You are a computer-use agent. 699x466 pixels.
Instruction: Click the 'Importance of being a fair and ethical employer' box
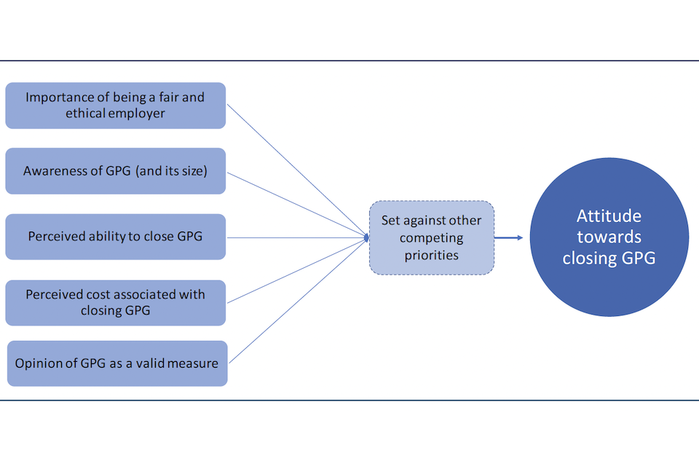(115, 106)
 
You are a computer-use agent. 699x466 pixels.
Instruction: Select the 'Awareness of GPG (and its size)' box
(115, 171)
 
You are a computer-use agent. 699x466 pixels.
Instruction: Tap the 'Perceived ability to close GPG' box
(115, 237)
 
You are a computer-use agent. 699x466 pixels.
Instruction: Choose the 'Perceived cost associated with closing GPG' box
(115, 302)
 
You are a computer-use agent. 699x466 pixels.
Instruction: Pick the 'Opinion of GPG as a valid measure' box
(116, 363)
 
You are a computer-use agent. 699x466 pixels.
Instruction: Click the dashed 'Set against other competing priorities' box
(431, 237)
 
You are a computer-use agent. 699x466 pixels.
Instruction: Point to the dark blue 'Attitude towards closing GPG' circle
(609, 237)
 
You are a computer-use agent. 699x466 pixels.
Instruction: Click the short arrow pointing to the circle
(508, 237)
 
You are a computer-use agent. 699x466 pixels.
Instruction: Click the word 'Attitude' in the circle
(609, 216)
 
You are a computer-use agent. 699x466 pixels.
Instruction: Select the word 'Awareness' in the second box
(53, 172)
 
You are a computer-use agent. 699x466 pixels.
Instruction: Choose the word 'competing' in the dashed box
(432, 238)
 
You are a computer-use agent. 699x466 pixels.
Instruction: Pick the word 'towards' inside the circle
(609, 237)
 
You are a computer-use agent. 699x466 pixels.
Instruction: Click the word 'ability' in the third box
(106, 237)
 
